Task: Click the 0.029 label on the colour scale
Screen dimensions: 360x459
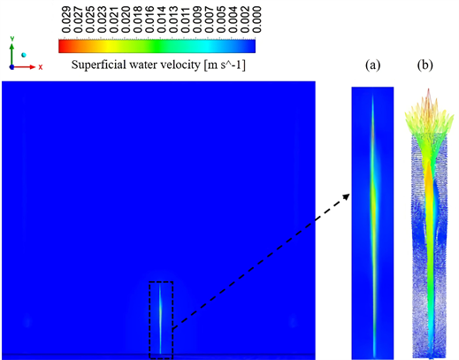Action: click(64, 19)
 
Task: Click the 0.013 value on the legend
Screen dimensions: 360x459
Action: click(170, 19)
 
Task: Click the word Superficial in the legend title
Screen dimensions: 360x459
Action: click(103, 65)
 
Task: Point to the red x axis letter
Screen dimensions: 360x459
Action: click(40, 67)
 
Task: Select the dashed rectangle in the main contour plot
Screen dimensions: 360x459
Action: click(161, 319)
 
